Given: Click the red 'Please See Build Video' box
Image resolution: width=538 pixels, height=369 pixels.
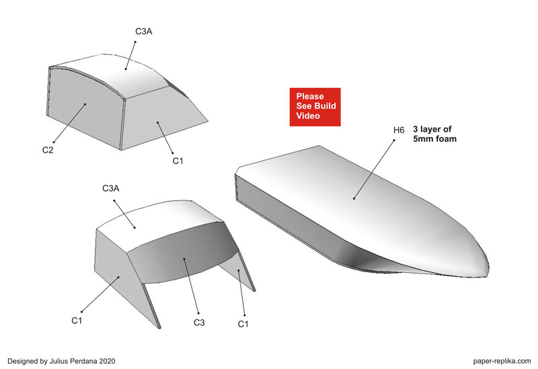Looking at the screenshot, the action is (315, 107).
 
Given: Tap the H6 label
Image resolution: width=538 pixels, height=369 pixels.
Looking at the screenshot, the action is (399, 130).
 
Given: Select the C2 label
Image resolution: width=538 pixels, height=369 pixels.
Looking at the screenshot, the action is (48, 150).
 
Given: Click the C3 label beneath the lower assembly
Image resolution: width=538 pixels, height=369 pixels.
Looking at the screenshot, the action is (199, 323).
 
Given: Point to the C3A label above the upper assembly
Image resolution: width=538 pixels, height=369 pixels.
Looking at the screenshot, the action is (144, 32).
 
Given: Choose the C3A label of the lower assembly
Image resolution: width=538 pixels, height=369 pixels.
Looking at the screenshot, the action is (111, 189).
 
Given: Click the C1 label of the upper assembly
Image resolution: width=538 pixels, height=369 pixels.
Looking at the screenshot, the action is (178, 161).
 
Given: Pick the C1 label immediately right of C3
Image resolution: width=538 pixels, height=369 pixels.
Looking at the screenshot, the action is (243, 324).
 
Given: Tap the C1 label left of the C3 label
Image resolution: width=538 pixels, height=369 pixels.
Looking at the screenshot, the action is (77, 321).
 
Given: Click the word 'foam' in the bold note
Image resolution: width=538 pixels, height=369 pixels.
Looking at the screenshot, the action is (446, 139).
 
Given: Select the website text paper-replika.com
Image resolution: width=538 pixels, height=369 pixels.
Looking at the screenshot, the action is (502, 361).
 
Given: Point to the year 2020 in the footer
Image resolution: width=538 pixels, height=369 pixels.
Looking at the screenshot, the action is (108, 361).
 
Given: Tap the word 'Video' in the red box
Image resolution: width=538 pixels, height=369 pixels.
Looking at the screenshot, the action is (308, 116).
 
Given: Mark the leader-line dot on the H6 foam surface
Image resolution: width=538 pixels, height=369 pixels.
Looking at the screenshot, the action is (354, 198).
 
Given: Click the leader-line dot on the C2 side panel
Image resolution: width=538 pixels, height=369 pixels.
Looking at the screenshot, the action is (85, 104).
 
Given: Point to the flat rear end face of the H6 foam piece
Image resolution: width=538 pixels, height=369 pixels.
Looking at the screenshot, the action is (237, 188).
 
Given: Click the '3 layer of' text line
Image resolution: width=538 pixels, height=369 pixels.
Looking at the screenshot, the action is (432, 129).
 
